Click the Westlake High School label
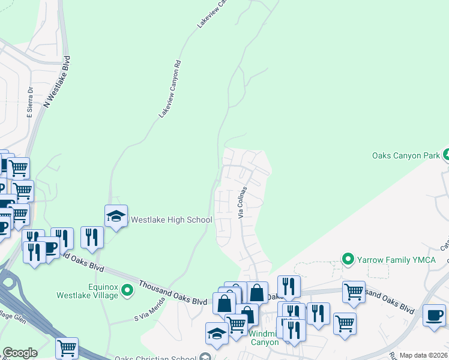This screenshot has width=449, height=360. pyautogui.click(x=172, y=220)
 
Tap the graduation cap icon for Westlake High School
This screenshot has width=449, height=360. pyautogui.click(x=116, y=216)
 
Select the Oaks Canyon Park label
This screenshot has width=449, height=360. pyautogui.click(x=406, y=155)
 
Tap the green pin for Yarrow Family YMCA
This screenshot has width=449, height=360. pyautogui.click(x=347, y=259)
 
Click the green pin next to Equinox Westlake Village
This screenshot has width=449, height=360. pyautogui.click(x=127, y=291)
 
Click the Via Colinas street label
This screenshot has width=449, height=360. pyautogui.click(x=243, y=202)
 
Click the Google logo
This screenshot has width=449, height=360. pyautogui.click(x=20, y=353)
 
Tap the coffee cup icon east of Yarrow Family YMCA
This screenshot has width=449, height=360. pyautogui.click(x=434, y=314)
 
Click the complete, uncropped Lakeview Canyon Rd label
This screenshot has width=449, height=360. pyautogui.click(x=170, y=88)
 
